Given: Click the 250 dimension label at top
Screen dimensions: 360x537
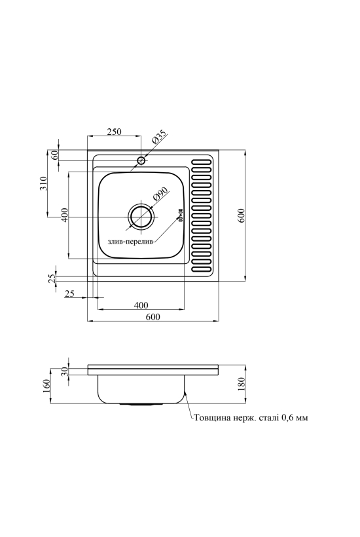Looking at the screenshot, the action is [x=115, y=132].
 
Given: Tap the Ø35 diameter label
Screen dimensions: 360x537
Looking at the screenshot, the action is [x=159, y=137].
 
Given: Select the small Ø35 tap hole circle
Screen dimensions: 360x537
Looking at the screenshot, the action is [x=141, y=160].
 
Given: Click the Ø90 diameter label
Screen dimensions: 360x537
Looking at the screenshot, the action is [x=160, y=195].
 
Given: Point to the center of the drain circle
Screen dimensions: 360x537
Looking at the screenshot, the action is [x=141, y=217].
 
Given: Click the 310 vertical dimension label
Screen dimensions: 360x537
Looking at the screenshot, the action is [x=43, y=183].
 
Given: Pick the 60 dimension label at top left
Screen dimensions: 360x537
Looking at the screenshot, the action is [x=54, y=155].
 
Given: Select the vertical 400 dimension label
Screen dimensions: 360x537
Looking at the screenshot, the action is [x=65, y=215].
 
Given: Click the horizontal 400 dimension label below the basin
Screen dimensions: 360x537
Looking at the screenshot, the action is [x=141, y=305].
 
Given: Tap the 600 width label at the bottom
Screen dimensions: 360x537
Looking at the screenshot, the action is [x=153, y=317].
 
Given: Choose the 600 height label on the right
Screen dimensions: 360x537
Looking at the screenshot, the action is [x=242, y=215].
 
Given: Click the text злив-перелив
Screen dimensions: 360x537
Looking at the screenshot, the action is [x=131, y=242].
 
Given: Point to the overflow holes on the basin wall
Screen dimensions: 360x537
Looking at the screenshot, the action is [x=180, y=213].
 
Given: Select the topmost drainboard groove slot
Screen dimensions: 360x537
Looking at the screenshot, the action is [x=201, y=161].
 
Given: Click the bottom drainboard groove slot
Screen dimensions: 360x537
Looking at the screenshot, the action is [x=201, y=270].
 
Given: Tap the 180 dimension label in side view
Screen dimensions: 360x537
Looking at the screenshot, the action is [x=242, y=384].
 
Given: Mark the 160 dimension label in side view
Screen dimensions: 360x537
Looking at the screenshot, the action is [x=46, y=386].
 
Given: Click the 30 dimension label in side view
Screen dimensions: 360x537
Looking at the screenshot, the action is [x=65, y=371].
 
